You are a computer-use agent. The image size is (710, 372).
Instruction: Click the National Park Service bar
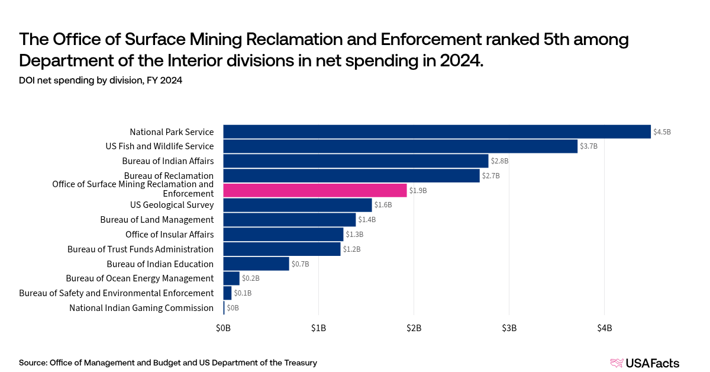point(437,132)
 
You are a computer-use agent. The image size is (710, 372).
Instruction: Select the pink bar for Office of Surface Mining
point(315,190)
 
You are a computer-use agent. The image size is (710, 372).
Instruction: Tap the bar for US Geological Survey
point(297,205)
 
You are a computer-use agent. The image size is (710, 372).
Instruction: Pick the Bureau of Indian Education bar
point(256,264)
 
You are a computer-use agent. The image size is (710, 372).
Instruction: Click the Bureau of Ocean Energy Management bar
point(231,278)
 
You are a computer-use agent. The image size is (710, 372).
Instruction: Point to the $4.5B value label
point(662,132)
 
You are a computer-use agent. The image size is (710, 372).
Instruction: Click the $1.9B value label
point(418,191)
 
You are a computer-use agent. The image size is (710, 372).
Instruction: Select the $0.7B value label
point(301,264)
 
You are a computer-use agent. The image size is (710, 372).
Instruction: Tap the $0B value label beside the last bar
point(233,308)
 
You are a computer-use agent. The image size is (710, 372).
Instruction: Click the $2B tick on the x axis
point(414,328)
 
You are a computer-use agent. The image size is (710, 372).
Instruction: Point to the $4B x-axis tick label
point(604,328)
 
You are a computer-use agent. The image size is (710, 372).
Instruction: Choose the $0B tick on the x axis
point(223,328)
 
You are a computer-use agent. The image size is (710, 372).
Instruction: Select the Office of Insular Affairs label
point(169,235)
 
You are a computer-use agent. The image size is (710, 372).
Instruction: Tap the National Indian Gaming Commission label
point(141,308)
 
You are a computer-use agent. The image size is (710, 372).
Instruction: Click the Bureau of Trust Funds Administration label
point(140,249)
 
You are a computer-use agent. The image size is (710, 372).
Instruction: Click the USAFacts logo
point(644,363)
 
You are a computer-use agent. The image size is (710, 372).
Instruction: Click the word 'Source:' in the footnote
point(33,363)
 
